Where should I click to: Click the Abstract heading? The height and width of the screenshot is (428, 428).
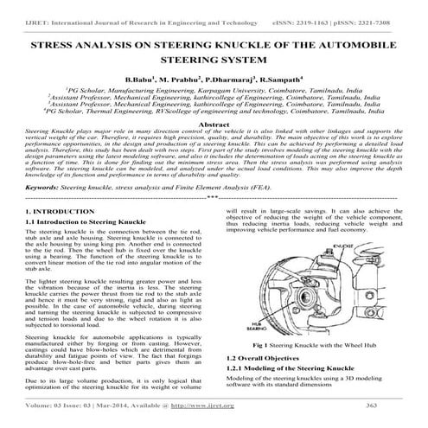click(214, 125)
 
